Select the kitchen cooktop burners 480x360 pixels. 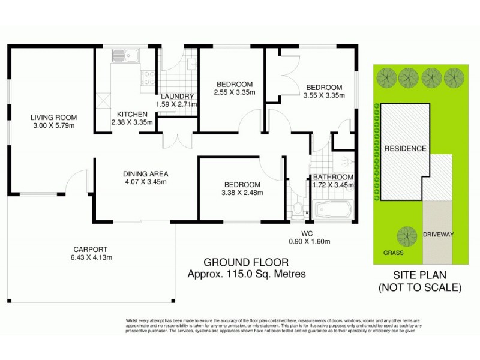click(146, 79)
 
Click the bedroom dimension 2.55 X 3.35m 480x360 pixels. click(234, 92)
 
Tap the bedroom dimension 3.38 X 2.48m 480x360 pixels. click(242, 193)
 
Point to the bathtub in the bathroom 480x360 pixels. click(333, 211)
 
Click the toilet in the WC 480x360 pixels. click(297, 211)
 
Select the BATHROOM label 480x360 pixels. click(333, 177)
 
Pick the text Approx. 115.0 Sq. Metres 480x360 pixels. click(246, 274)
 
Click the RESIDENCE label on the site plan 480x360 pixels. click(405, 148)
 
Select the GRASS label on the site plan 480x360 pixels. click(393, 253)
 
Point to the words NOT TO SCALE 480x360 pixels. click(420, 287)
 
